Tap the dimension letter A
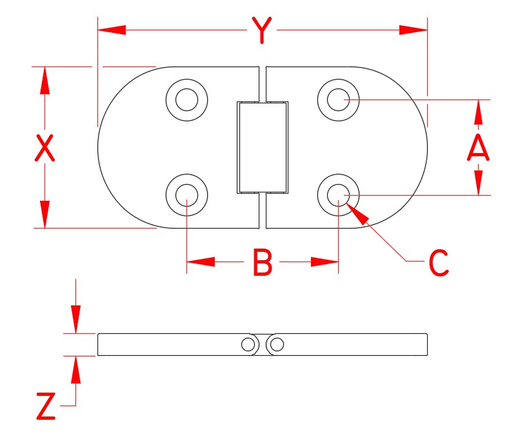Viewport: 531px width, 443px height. (477, 148)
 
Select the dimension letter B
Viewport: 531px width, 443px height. (262, 263)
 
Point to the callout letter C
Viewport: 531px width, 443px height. (438, 263)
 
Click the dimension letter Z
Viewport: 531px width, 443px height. (45, 407)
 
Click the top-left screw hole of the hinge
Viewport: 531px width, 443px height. (187, 99)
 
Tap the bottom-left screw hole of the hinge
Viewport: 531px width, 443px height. (187, 194)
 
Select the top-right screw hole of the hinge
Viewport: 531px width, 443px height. (339, 99)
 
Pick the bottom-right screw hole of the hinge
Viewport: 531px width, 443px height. (339, 194)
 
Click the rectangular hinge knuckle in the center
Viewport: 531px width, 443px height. (262, 147)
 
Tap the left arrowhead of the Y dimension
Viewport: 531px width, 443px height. (110, 30)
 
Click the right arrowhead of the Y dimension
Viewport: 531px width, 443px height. (414, 30)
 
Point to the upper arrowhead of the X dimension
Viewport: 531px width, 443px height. (45, 80)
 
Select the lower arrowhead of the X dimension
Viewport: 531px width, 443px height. (45, 214)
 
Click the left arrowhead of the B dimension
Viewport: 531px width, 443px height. (201, 262)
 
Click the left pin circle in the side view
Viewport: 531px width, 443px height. (248, 345)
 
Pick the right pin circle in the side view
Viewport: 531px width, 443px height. (277, 345)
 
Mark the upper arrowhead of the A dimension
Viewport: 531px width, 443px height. (477, 112)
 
